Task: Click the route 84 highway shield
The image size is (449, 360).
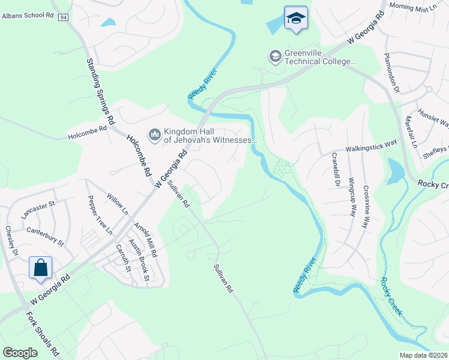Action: point(63,18)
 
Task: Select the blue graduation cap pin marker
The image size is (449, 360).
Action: point(295,19)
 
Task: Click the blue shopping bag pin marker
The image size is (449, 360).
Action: point(40,268)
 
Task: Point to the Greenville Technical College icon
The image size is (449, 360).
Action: point(276,56)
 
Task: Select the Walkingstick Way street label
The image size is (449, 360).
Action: point(371,146)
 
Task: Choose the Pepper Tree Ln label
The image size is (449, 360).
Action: point(100,214)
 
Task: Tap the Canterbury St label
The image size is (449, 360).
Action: point(45,236)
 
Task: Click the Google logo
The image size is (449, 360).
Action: point(20,353)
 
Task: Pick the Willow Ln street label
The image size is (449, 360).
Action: point(118,205)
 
